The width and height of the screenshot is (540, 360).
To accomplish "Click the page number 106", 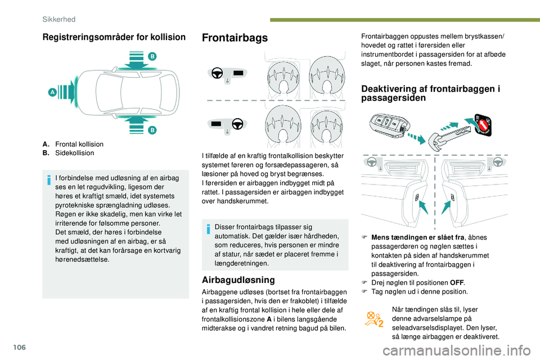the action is (x=20, y=347).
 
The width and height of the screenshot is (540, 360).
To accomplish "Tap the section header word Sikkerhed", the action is (x=59, y=19).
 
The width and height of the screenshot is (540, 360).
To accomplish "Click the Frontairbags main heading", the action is (x=235, y=38).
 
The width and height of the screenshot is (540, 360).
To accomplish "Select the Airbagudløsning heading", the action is (x=238, y=280).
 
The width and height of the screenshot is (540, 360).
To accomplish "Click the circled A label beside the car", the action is (x=52, y=92).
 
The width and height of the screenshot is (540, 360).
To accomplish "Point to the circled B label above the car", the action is (x=152, y=56).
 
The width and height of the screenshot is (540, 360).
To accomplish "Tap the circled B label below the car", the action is (x=152, y=130).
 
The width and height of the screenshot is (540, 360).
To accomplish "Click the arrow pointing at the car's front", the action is (x=67, y=92).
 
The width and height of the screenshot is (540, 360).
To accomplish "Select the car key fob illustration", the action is (x=389, y=124).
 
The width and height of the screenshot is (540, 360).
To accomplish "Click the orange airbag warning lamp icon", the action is (x=375, y=319).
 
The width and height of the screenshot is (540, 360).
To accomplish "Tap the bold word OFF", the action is (x=457, y=283).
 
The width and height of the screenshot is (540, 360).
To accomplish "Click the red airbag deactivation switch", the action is (x=483, y=124).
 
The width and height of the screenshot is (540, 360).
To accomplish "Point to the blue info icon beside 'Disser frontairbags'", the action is (x=208, y=229).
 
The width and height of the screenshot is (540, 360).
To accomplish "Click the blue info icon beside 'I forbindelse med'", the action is (x=49, y=180).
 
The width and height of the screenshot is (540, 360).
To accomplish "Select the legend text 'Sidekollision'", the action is (x=74, y=153).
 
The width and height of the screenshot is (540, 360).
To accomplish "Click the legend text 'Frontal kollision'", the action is (x=79, y=145).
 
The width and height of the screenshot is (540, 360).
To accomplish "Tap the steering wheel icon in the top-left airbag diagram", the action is (x=217, y=73).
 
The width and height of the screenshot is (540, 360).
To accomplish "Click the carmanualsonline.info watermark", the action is (x=456, y=350).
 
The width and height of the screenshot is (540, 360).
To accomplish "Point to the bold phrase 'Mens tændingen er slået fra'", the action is (x=418, y=237).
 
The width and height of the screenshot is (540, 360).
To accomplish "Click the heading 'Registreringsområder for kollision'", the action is (x=114, y=37).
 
